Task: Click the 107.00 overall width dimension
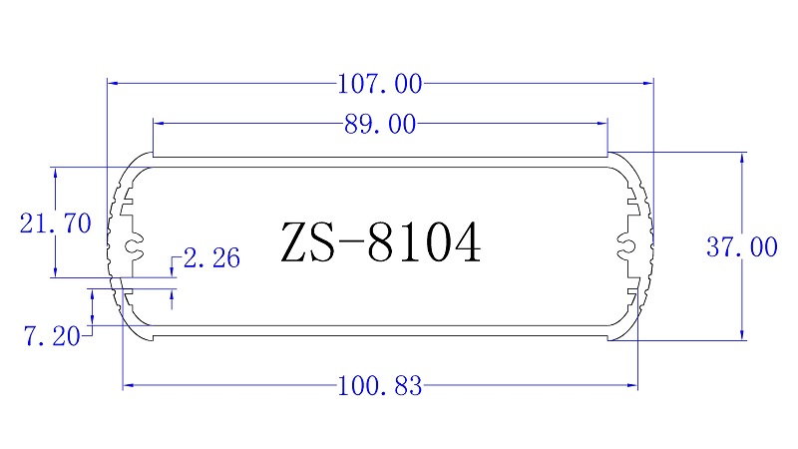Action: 380,84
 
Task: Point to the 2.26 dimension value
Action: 212,259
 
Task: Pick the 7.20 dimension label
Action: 51,336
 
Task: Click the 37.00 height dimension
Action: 741,247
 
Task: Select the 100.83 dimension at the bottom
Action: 380,385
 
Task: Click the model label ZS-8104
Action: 381,242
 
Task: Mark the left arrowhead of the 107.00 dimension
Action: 112,84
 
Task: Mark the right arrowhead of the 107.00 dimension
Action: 647,84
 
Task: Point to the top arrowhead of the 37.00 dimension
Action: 742,158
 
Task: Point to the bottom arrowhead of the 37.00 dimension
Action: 742,334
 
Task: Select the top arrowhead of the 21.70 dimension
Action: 55,173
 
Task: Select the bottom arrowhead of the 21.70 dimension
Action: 55,271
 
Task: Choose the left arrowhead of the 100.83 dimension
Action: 128,385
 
